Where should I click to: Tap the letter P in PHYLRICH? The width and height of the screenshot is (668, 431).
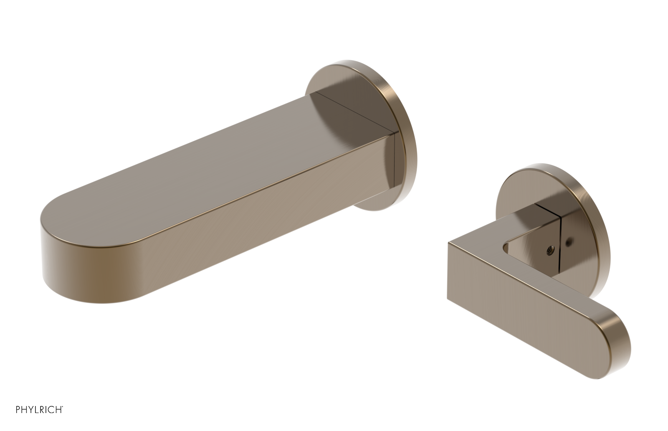[x=18, y=410]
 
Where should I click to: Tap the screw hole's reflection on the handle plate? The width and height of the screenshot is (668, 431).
[x=569, y=241]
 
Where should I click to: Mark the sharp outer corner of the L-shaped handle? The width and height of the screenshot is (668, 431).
[x=449, y=243]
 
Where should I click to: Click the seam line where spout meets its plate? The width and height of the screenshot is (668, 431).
[x=394, y=167]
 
